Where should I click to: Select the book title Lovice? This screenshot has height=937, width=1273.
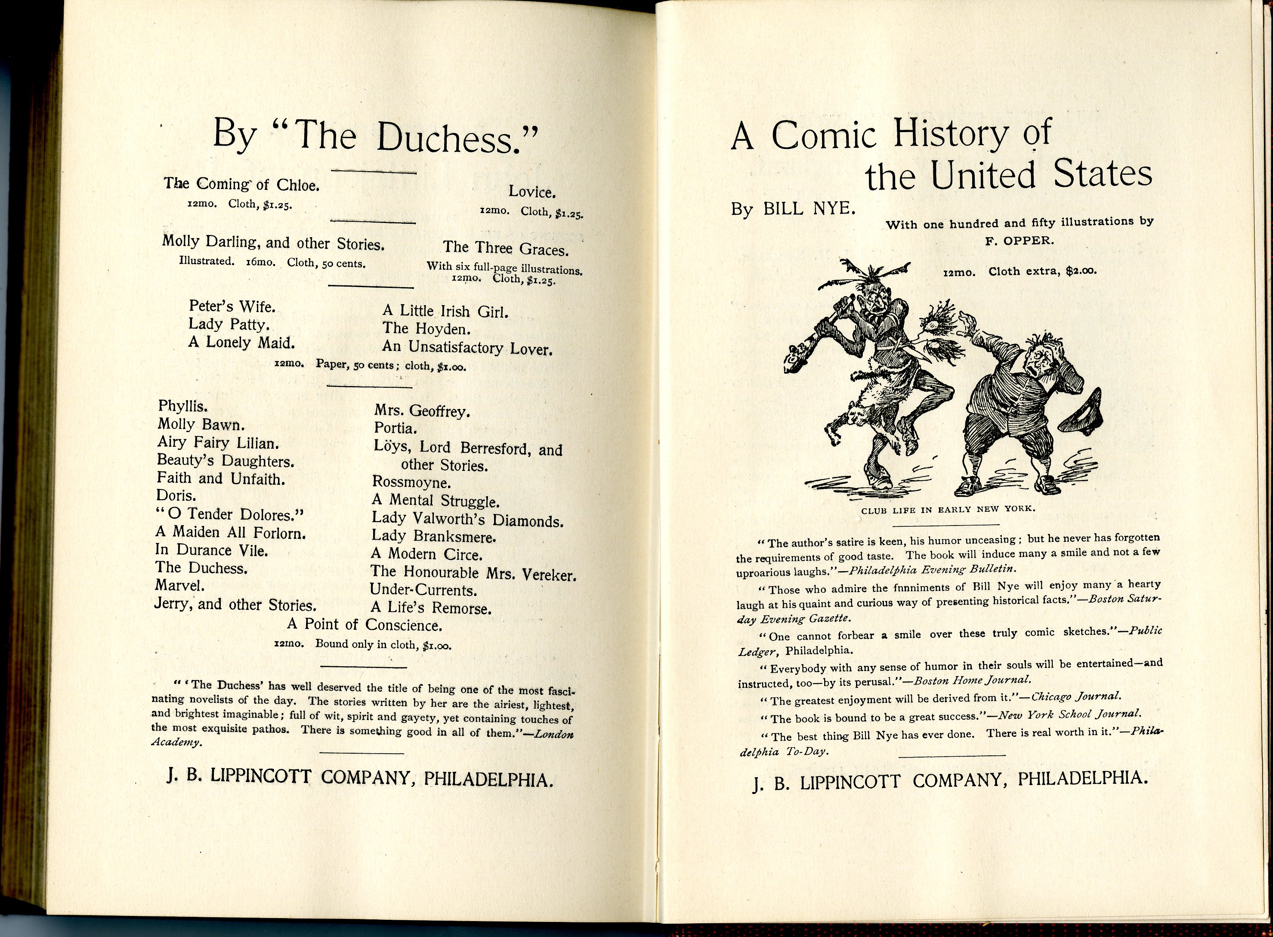click(531, 192)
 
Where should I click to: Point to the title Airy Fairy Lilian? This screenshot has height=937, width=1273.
click(217, 442)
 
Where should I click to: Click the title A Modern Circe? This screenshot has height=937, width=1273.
click(426, 554)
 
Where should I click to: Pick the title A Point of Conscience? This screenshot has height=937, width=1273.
click(364, 625)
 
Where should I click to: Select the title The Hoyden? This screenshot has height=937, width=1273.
click(426, 329)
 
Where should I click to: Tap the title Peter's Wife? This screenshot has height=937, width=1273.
click(232, 307)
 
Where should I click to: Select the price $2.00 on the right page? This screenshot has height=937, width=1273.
click(1081, 271)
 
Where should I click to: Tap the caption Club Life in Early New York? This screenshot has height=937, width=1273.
click(948, 509)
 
